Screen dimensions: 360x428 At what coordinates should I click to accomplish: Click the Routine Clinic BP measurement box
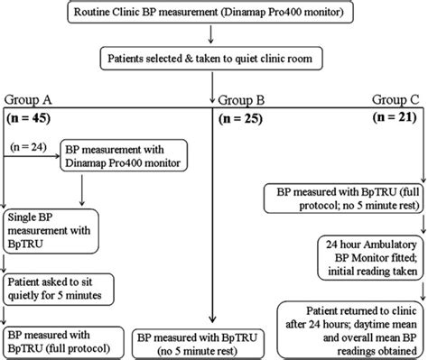[212, 14]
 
